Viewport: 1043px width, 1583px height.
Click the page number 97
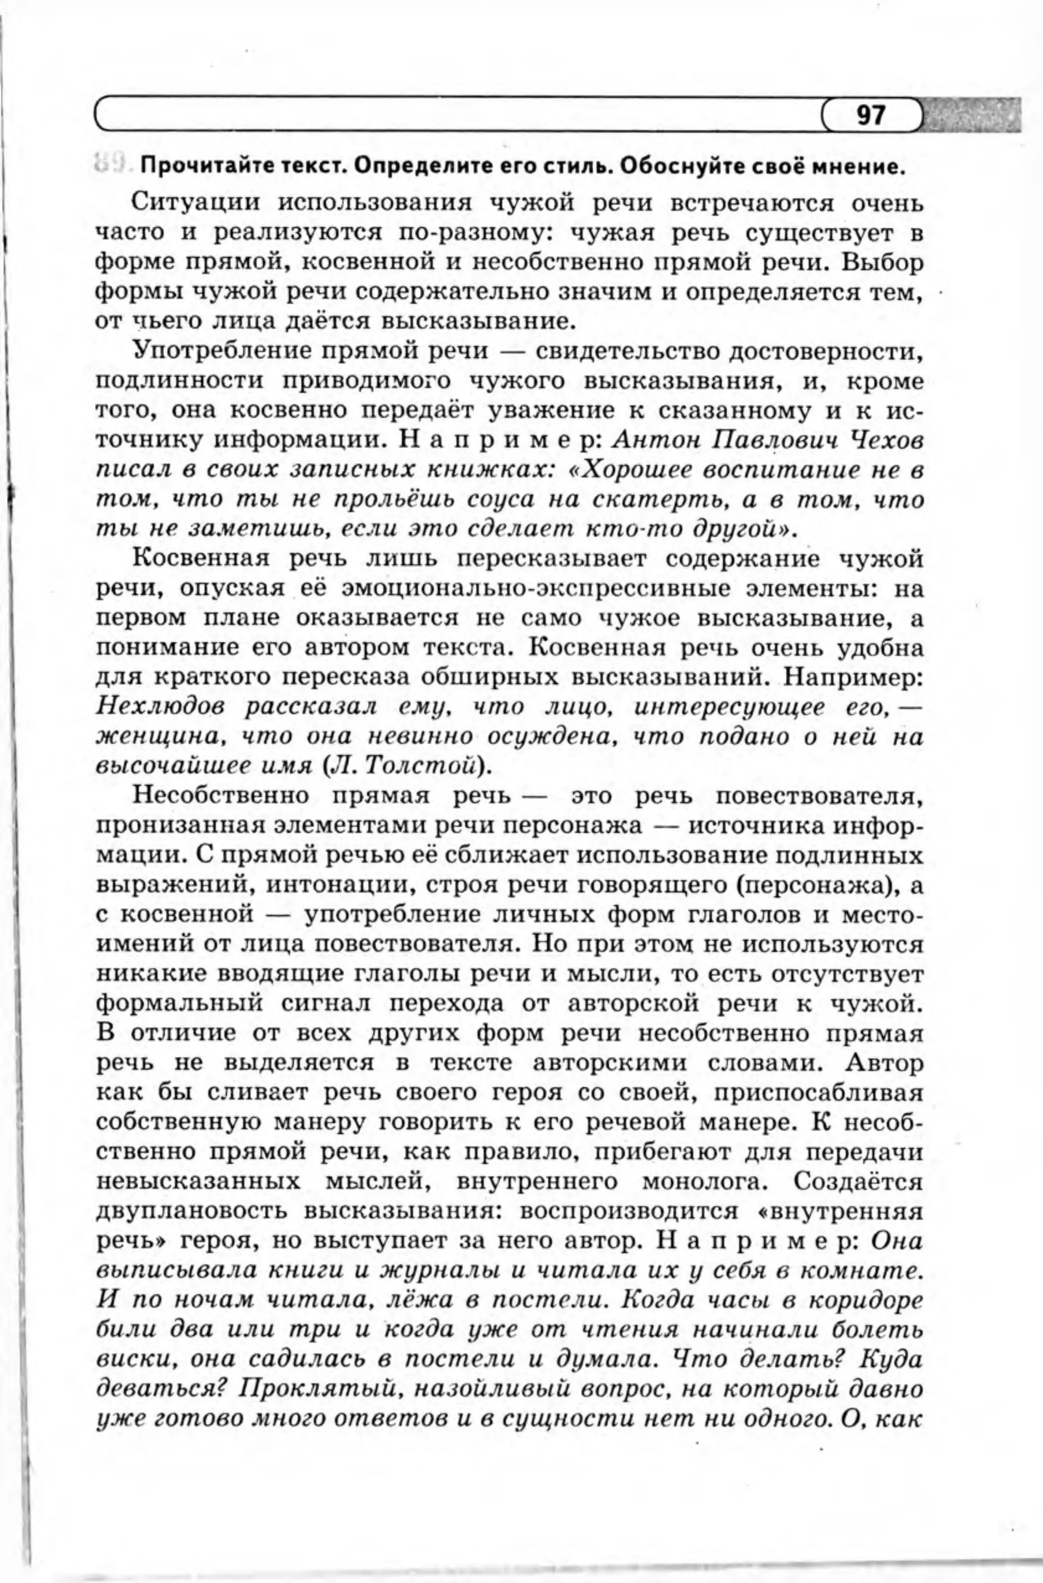click(x=871, y=116)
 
